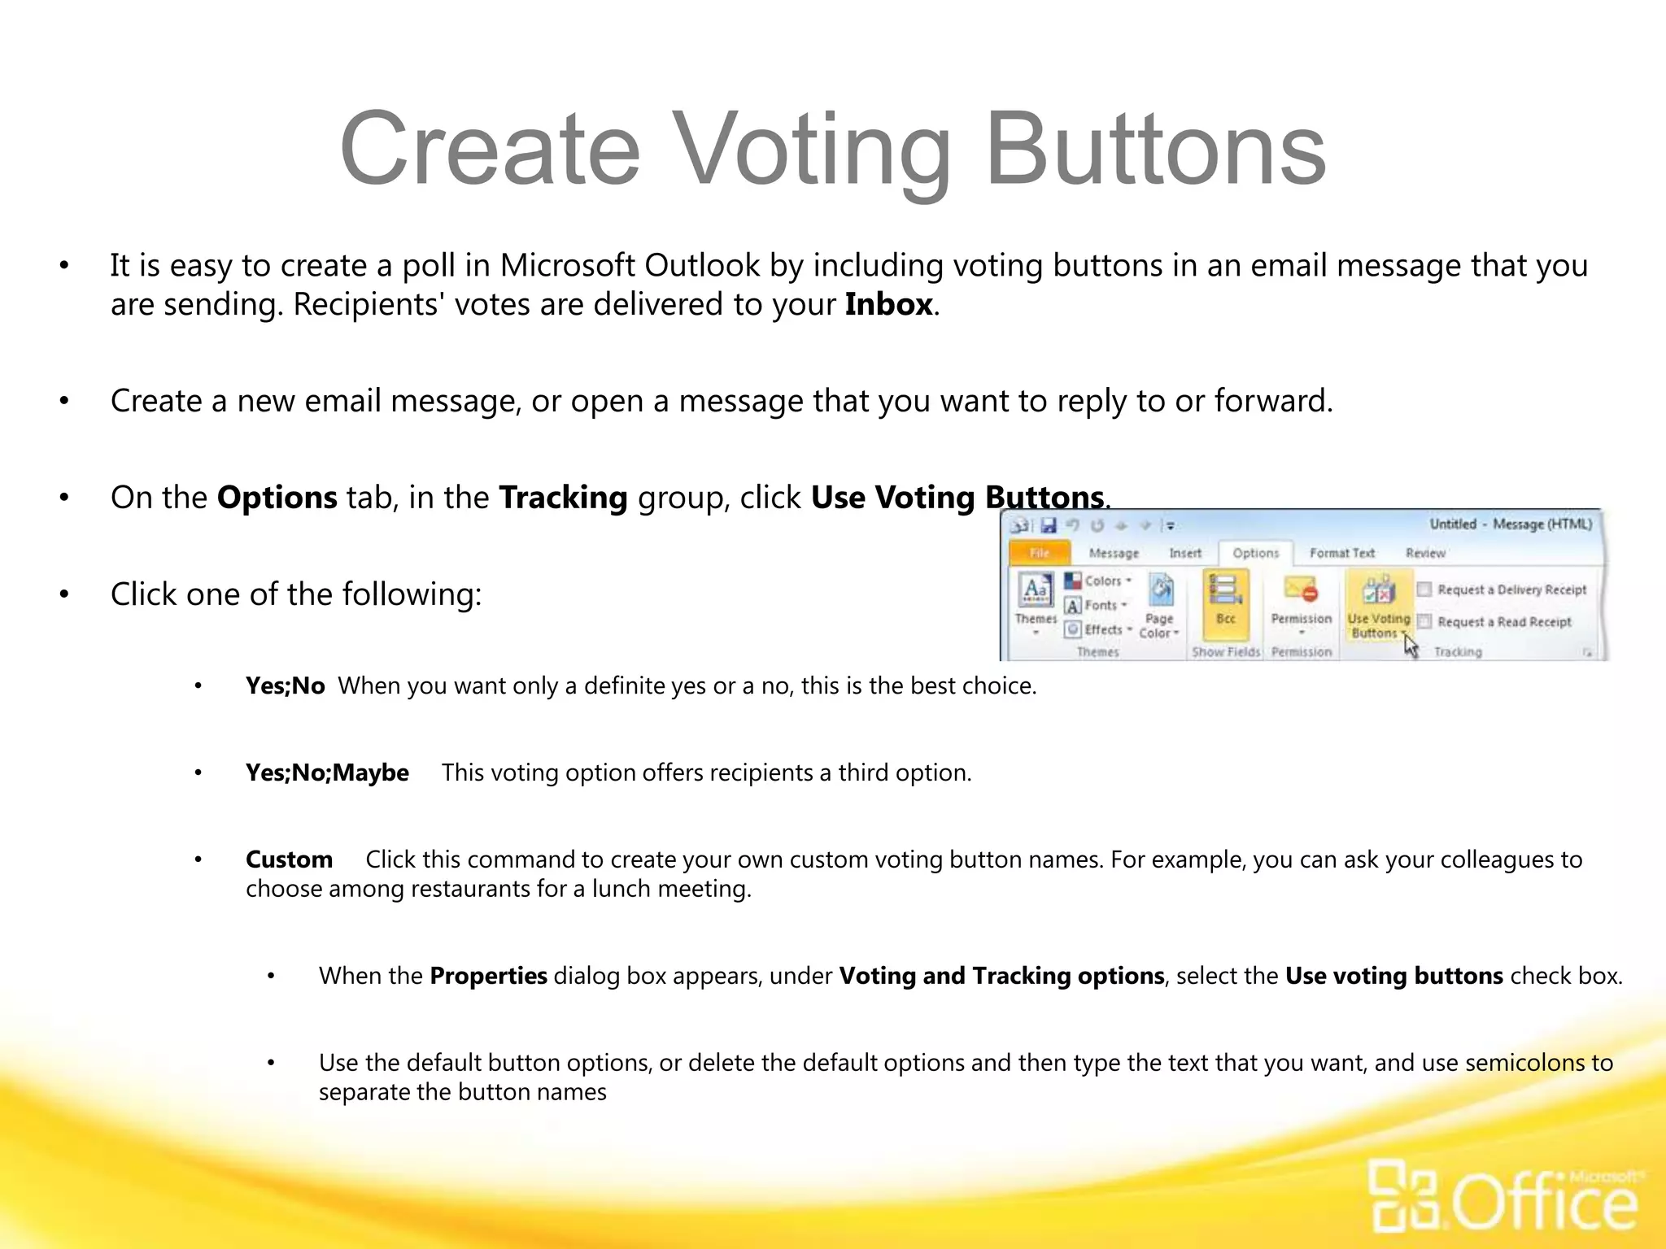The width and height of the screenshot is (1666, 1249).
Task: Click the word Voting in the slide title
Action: [813, 150]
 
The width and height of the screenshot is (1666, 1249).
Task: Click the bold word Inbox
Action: [888, 305]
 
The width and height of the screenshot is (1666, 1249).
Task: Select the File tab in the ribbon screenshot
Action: [1039, 553]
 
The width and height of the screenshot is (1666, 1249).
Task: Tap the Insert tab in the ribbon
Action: [1184, 553]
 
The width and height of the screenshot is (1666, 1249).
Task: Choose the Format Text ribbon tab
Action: [1341, 553]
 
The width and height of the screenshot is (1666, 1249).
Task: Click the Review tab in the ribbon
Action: [1425, 553]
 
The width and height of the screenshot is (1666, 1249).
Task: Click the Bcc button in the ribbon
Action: [1225, 598]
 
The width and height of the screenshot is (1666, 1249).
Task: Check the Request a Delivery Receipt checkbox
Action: [1424, 590]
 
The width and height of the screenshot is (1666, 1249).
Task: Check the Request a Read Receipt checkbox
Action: [1424, 622]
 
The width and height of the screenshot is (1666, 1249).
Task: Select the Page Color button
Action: [1160, 606]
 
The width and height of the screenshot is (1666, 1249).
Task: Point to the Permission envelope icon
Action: [1301, 589]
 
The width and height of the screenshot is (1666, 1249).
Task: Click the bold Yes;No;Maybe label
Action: [327, 772]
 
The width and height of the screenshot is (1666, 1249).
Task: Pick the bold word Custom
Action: [289, 860]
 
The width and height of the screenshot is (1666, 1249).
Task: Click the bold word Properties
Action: [488, 976]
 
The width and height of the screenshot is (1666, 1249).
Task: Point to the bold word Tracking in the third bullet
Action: [563, 498]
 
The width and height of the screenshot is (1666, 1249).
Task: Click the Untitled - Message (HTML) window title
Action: [1511, 524]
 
